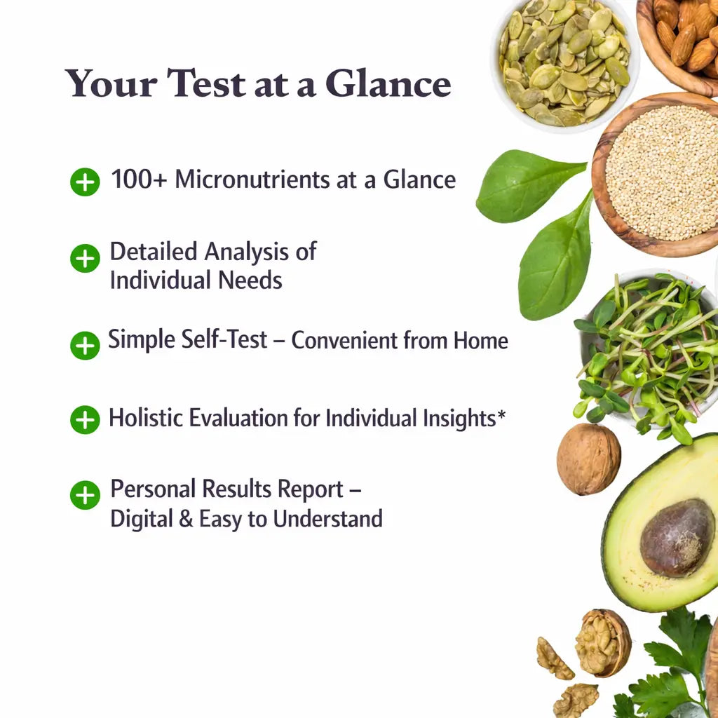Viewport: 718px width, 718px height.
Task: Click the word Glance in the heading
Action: [388, 83]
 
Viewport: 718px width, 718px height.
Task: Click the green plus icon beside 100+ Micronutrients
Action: [85, 182]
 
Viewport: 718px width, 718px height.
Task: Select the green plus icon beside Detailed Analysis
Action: [85, 258]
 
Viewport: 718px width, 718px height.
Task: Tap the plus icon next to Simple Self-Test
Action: [85, 345]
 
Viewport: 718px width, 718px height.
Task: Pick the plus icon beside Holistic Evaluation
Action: [85, 419]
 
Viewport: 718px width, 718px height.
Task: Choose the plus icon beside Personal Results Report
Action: [85, 495]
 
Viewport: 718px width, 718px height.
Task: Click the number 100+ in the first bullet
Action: [139, 179]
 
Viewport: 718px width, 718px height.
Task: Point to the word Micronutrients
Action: [252, 179]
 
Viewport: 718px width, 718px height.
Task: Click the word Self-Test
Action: [224, 339]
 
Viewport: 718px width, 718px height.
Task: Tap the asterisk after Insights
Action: [501, 414]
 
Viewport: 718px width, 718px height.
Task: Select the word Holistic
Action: [146, 418]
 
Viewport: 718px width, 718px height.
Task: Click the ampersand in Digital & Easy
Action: [185, 519]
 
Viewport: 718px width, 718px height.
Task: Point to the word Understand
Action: [328, 519]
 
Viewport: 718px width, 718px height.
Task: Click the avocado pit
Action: [677, 538]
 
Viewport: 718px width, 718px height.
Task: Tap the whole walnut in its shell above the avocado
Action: [589, 459]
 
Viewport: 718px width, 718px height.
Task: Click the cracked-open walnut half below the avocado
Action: [603, 643]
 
